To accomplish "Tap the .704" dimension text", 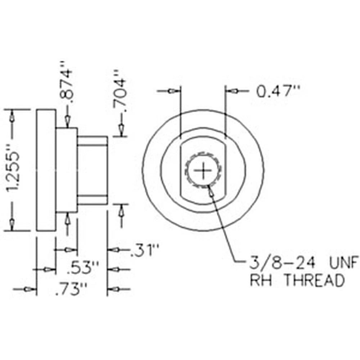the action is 120,90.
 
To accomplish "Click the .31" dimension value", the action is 144,251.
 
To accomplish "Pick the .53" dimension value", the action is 83,268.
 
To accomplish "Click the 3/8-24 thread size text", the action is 282,262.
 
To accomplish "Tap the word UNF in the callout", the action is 343,262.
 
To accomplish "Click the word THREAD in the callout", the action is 315,280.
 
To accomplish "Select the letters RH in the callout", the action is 261,280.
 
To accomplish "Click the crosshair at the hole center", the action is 203,171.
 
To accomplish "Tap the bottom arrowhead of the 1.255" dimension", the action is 12,223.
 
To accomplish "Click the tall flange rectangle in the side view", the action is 46,170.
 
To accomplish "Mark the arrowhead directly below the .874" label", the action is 67,121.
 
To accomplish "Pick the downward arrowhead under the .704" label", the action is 121,130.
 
